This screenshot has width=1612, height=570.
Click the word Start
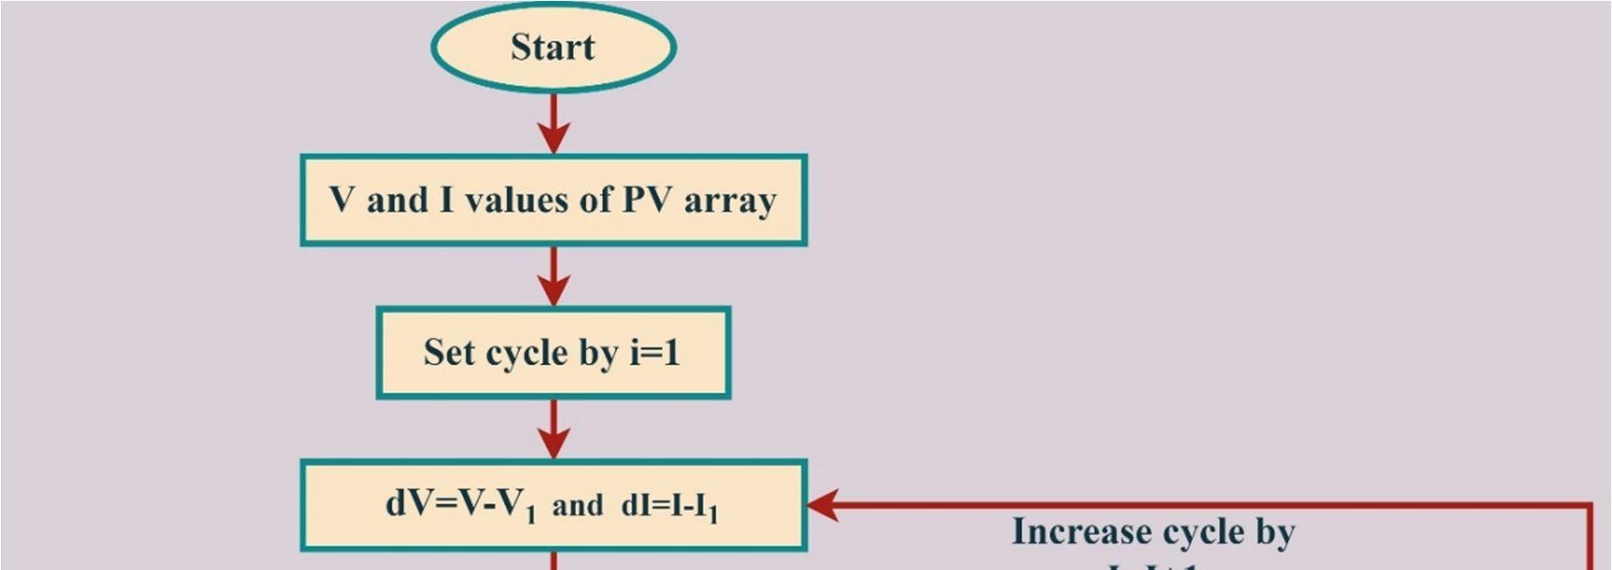[552, 47]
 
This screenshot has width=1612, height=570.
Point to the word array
[729, 200]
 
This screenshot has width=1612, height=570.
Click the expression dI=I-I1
[669, 506]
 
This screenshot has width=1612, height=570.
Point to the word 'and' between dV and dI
[577, 506]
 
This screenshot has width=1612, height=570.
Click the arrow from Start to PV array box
[553, 124]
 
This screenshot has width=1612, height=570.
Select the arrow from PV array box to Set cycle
[553, 276]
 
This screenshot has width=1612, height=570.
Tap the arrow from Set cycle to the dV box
[553, 430]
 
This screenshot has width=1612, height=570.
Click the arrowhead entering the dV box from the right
[821, 505]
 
